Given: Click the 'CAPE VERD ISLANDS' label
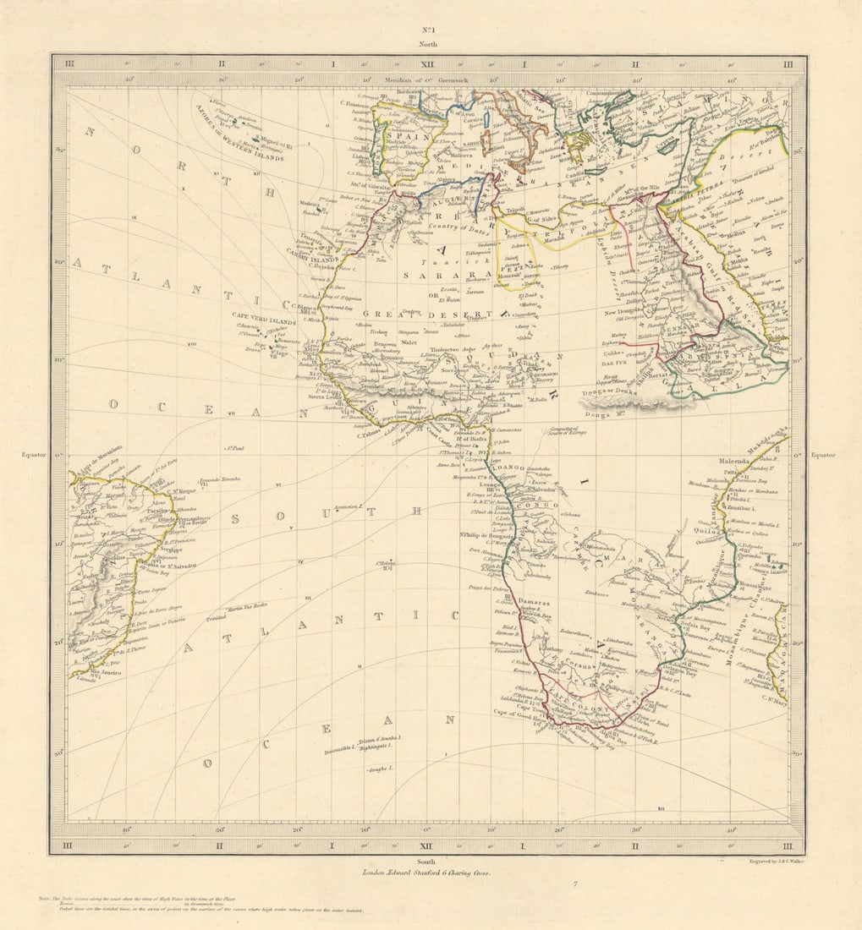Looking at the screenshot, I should tap(264, 322).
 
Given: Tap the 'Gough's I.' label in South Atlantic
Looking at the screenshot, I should tap(381, 769).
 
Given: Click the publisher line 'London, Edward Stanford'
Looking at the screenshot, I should tap(426, 872).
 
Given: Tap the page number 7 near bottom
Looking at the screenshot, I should tap(574, 884).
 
